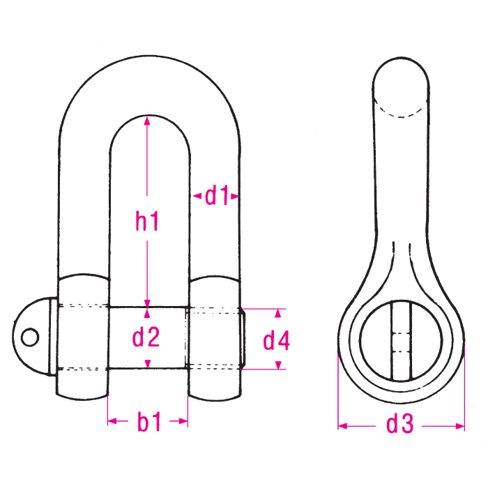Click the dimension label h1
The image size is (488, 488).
point(147,222)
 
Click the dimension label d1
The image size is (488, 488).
point(217,197)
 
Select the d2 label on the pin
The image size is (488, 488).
point(147,338)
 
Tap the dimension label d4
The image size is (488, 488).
point(277,341)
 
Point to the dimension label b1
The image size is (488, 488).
point(148,422)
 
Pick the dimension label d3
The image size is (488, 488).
point(399,425)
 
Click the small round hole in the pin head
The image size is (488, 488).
point(29,337)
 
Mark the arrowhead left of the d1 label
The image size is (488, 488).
point(195,197)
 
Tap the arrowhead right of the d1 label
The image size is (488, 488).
point(236,197)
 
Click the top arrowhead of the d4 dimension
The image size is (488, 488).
point(280,312)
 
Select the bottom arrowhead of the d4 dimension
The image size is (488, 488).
point(280,365)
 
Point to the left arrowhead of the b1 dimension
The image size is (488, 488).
point(112,421)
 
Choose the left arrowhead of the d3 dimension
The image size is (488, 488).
point(342,425)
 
